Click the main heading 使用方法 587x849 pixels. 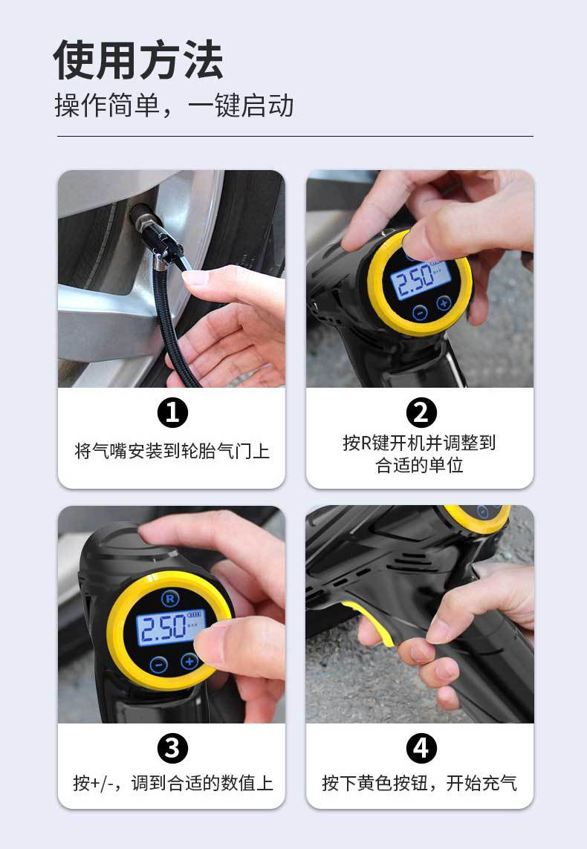[138, 59]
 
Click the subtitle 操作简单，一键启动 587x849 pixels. [175, 105]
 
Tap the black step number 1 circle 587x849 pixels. [172, 413]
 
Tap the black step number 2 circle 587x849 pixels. [421, 412]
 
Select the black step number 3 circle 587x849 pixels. [172, 748]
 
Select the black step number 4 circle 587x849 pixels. [421, 748]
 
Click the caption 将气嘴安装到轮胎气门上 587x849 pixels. [172, 451]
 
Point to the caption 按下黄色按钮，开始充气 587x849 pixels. [420, 783]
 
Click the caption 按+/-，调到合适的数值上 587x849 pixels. [172, 783]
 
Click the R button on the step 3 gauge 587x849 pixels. [170, 598]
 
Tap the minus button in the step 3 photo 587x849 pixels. [159, 664]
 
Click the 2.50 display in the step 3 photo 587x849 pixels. [161, 628]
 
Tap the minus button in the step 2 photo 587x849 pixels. [420, 313]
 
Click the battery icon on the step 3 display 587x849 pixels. [195, 614]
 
